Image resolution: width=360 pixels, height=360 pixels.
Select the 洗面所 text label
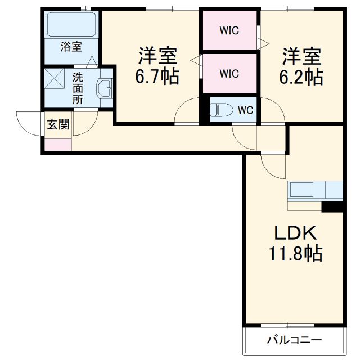point(78,87)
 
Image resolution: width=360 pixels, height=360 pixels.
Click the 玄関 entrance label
point(58,125)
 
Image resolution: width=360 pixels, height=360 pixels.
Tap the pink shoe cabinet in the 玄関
point(58,144)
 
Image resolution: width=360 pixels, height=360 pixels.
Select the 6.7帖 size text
point(157,76)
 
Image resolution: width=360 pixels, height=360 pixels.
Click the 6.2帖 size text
point(301,76)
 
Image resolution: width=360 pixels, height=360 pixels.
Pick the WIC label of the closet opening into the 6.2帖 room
point(229,30)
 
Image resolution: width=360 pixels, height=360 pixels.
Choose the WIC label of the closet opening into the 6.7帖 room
point(229,73)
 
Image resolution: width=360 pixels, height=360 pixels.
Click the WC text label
point(245,110)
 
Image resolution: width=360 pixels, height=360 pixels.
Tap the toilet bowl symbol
point(220,110)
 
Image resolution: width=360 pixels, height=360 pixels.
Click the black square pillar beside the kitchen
point(332,206)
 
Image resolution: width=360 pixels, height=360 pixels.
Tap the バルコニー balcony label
point(294,340)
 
